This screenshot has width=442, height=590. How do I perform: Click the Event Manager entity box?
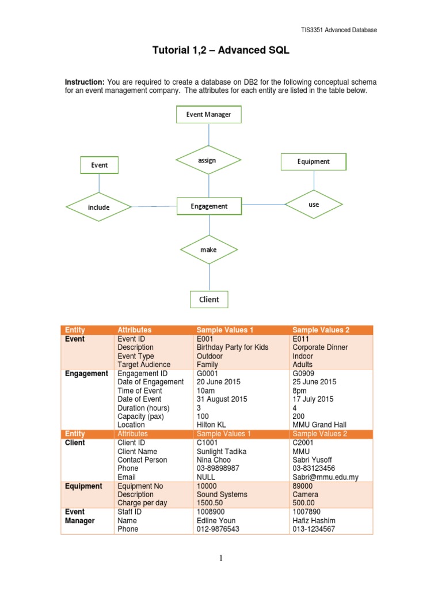[x=208, y=115]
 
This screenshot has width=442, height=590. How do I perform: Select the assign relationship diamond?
[x=208, y=160]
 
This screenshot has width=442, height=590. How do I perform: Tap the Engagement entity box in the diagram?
[x=209, y=206]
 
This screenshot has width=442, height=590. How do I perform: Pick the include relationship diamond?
[x=98, y=207]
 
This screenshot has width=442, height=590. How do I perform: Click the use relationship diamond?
[x=314, y=204]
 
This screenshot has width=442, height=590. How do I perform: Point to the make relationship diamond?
[x=208, y=249]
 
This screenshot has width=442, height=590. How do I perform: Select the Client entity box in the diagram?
[x=209, y=300]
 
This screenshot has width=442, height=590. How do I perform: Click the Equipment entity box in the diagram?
[x=314, y=162]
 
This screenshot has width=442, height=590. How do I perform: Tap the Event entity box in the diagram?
[x=99, y=165]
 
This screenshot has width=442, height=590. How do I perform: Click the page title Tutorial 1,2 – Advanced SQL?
[x=220, y=51]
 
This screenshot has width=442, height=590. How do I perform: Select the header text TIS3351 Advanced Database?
[x=339, y=30]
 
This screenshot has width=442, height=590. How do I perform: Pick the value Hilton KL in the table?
[x=215, y=425]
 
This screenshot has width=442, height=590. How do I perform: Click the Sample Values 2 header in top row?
[x=319, y=330]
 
